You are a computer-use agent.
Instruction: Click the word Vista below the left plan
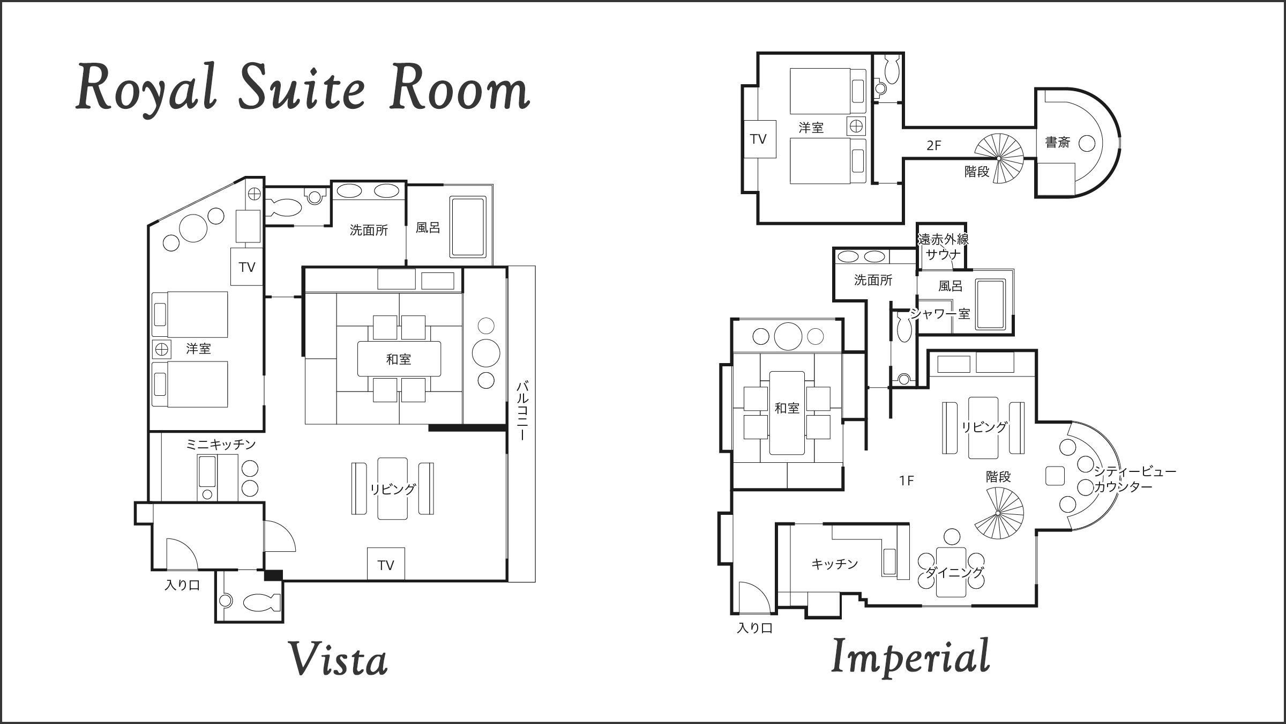(338, 659)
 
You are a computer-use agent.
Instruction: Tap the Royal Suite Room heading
(303, 87)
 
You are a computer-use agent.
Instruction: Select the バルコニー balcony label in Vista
(522, 410)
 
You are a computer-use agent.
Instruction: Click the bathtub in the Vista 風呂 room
(468, 227)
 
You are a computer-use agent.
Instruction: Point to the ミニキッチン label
(221, 445)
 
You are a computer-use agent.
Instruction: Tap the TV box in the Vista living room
(386, 564)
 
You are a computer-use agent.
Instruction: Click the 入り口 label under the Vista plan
(182, 585)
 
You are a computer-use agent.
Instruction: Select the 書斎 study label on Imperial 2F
(1058, 143)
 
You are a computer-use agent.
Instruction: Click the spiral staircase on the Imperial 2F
(998, 159)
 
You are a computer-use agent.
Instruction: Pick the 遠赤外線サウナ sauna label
(943, 246)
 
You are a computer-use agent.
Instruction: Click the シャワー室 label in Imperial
(941, 314)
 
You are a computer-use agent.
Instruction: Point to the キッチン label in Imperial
(835, 564)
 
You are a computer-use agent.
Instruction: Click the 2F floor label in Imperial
(933, 145)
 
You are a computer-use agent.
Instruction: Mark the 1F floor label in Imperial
(906, 481)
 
